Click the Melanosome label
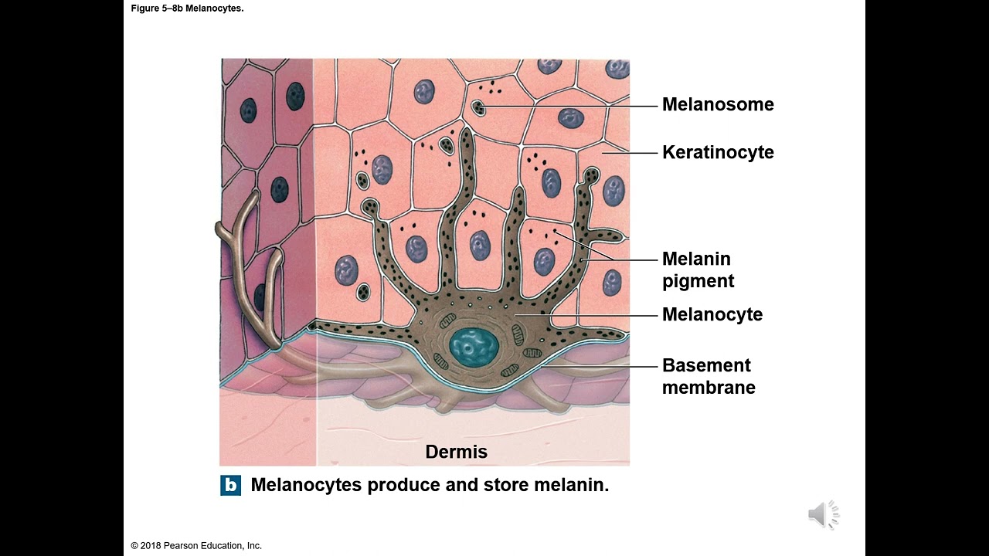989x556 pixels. (x=717, y=104)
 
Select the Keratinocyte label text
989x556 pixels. (x=717, y=152)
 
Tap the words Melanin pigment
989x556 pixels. (x=697, y=270)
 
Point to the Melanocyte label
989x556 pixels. (x=712, y=314)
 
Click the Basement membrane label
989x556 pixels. (x=708, y=376)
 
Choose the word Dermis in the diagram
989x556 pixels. (x=456, y=452)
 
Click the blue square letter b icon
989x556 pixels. (x=230, y=486)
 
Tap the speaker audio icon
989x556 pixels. (x=823, y=515)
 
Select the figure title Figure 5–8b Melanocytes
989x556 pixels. (x=187, y=8)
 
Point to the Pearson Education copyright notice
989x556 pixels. (x=196, y=546)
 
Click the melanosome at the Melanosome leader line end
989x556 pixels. (x=478, y=107)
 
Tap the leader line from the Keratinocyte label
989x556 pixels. (x=630, y=153)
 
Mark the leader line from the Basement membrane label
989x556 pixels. (x=610, y=365)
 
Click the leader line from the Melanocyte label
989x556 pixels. (x=587, y=314)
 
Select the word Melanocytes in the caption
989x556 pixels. (x=306, y=486)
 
